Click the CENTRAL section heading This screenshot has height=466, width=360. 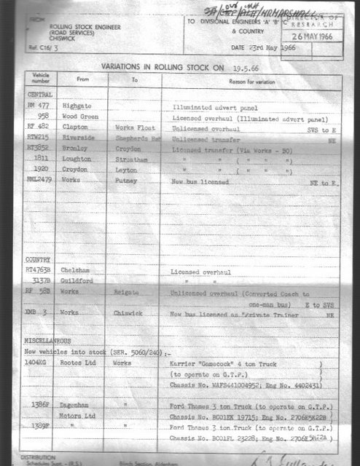39,95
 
